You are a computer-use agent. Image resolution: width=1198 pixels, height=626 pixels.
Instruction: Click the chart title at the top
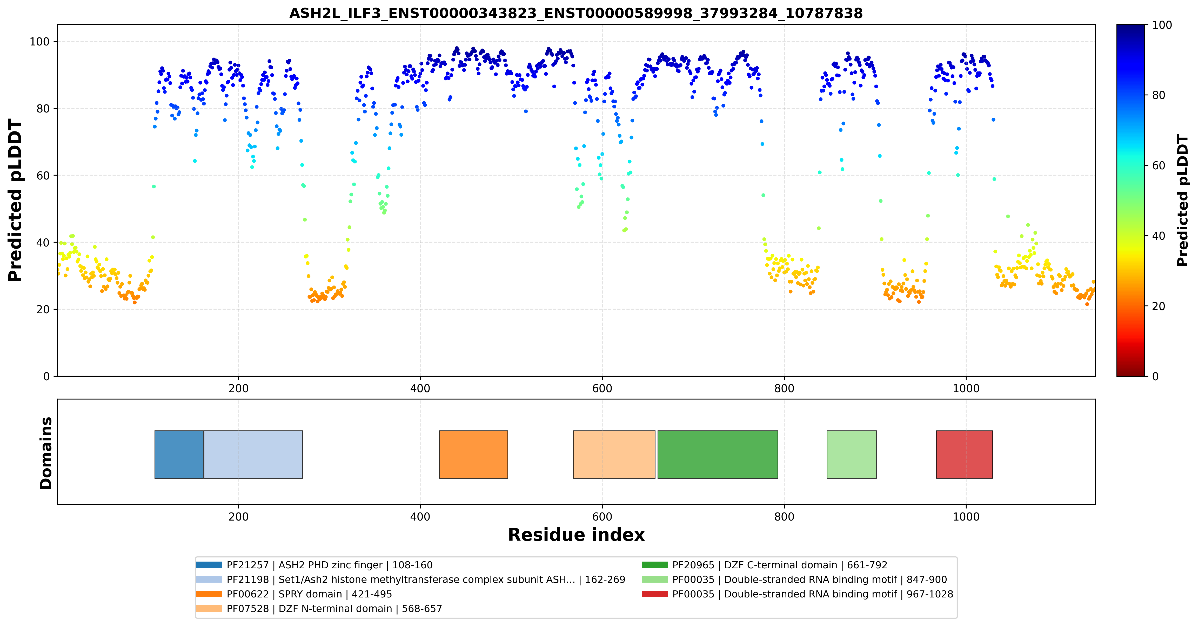point(576,13)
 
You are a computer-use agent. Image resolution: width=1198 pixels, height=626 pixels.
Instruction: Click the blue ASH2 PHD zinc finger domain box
point(179,454)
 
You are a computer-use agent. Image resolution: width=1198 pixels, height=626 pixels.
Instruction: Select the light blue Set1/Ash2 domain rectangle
point(253,454)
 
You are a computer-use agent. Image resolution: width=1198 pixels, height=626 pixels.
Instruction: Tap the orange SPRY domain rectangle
point(473,454)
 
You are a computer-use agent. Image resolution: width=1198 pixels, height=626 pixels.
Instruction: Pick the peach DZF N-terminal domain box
point(614,454)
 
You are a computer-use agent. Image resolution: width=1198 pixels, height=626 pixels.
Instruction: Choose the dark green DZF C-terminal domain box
point(718,454)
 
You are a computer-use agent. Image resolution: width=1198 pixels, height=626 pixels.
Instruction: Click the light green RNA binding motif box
point(852,454)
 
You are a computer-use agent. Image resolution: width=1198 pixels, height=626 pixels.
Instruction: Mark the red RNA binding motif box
point(964,454)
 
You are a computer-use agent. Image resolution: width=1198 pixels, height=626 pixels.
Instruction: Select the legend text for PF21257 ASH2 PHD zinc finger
point(329,565)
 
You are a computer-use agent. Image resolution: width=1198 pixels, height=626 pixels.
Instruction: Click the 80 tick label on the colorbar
point(1159,95)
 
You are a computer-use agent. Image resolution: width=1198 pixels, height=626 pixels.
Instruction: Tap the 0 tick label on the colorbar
point(1155,376)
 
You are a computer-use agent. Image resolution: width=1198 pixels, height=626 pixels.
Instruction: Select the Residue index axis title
point(576,535)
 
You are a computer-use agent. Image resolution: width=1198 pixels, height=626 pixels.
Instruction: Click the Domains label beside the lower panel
point(46,453)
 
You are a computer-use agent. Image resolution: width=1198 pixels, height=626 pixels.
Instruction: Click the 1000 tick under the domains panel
point(966,517)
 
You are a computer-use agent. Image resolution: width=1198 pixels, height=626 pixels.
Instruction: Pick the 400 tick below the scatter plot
point(420,388)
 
